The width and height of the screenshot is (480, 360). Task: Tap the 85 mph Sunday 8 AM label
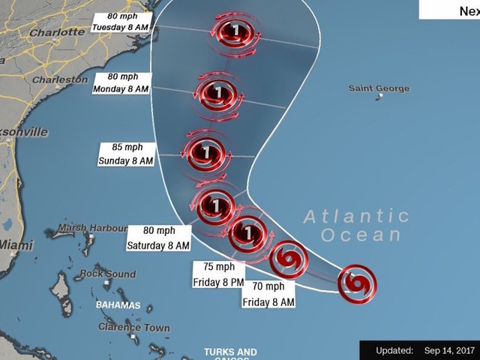pyautogui.click(x=126, y=154)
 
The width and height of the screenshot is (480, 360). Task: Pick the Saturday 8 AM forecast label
pyautogui.click(x=158, y=238)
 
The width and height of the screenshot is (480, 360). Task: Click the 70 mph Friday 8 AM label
pyautogui.click(x=268, y=293)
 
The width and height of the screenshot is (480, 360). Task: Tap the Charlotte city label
pyautogui.click(x=56, y=32)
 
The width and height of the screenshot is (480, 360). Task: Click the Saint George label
pyautogui.click(x=379, y=88)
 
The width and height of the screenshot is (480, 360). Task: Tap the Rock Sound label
pyautogui.click(x=108, y=274)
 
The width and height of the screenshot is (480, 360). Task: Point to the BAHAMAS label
pyautogui.click(x=118, y=305)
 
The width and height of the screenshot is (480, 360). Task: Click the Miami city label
pyautogui.click(x=16, y=245)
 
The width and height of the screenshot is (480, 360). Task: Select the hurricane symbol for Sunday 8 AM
pyautogui.click(x=205, y=154)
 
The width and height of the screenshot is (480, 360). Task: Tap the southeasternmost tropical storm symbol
pyautogui.click(x=357, y=283)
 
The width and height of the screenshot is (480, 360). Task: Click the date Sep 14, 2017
pyautogui.click(x=449, y=350)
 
